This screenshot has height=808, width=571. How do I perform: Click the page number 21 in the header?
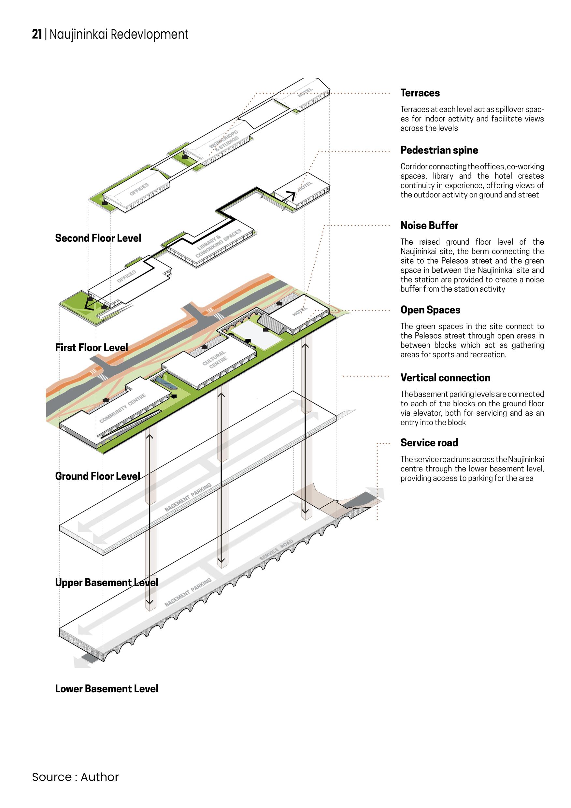click(37, 34)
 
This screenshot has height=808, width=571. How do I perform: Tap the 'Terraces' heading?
click(420, 93)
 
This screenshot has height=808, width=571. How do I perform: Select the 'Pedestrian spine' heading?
click(439, 150)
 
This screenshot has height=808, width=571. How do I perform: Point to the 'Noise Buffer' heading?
click(429, 225)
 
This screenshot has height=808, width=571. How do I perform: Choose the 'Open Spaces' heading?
click(430, 310)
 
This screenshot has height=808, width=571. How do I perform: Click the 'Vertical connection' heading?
click(445, 378)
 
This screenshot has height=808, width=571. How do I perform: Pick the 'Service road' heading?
click(429, 443)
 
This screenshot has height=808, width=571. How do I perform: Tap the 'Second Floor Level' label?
click(98, 238)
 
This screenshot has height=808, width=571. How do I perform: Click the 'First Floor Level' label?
click(92, 348)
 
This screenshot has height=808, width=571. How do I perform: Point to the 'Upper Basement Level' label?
click(107, 583)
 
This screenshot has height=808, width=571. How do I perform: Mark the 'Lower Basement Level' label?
click(107, 689)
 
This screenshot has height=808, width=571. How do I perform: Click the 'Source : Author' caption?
click(75, 777)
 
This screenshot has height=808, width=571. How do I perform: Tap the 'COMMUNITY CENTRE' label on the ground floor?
click(122, 408)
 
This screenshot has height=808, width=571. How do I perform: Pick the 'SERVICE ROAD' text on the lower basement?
click(276, 550)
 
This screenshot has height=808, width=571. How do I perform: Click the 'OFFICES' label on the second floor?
click(139, 189)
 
